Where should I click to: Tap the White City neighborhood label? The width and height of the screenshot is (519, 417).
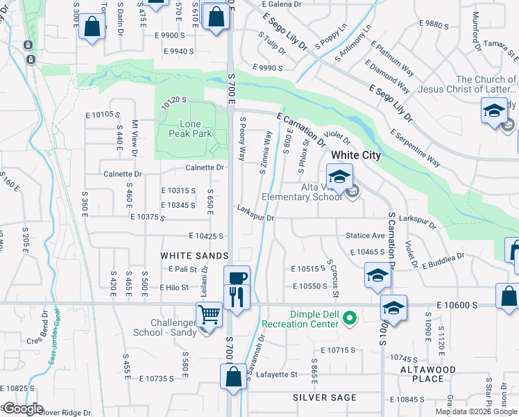(x=356, y=155)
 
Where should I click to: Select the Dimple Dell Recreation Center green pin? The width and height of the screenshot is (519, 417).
(x=350, y=318)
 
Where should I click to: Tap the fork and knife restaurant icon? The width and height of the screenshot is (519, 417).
(x=237, y=297)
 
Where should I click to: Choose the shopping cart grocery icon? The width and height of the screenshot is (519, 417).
(x=209, y=315)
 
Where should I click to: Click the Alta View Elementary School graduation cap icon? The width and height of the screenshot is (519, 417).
(x=339, y=177)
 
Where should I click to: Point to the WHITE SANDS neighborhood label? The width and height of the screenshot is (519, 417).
(x=185, y=256)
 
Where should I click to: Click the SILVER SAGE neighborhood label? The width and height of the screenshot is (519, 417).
(x=325, y=398)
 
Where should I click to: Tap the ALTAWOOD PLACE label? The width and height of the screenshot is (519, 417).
(x=427, y=374)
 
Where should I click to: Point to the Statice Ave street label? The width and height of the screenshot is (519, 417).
(x=365, y=236)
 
